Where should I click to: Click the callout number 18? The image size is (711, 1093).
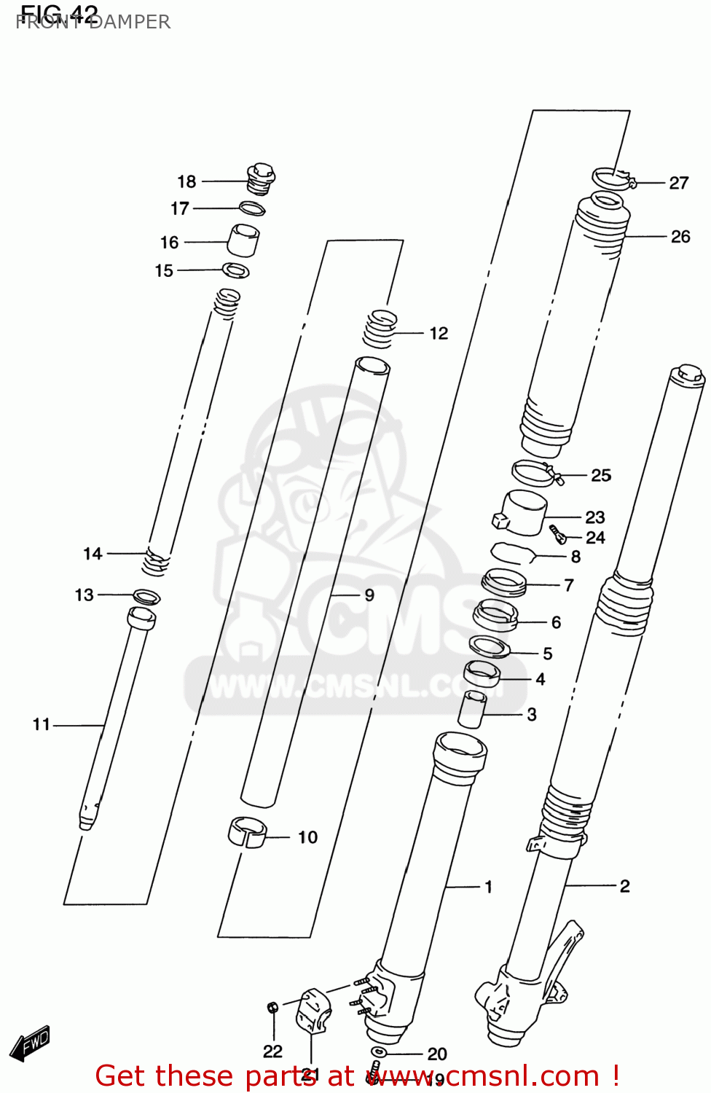tap(186, 181)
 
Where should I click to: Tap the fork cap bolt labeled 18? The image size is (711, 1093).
tap(261, 179)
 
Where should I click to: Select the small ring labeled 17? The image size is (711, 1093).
tap(252, 208)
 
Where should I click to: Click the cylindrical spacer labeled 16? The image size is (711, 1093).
tap(244, 240)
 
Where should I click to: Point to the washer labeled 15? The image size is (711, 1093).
tap(236, 270)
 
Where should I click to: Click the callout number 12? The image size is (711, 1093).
tap(439, 333)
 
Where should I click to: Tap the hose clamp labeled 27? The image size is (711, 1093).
tap(612, 178)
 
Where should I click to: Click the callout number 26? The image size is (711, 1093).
tap(680, 237)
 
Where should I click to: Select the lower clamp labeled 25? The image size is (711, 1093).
tap(535, 473)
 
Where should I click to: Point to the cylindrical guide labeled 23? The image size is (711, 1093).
tap(523, 513)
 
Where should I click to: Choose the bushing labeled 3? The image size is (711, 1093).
tap(472, 710)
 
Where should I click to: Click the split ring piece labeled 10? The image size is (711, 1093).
tap(248, 833)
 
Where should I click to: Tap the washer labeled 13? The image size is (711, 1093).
tap(146, 597)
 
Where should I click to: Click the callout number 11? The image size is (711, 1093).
tap(42, 724)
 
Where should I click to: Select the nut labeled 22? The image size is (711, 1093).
tap(272, 1008)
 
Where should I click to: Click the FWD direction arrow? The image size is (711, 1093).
tap(30, 1043)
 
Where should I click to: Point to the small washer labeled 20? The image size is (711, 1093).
tap(380, 1051)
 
